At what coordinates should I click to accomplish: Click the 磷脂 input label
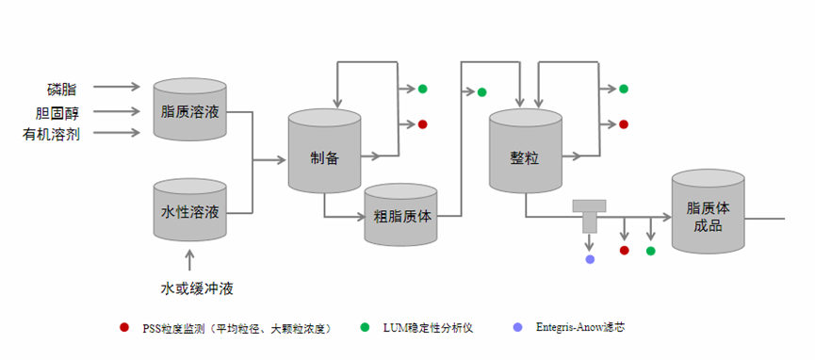62,89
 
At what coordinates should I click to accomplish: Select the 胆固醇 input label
57,112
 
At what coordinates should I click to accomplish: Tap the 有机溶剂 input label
51,134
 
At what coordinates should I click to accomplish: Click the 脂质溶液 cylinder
189,111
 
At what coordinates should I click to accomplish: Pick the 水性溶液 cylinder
189,211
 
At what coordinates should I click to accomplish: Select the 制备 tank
324,151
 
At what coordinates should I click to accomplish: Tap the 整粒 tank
526,151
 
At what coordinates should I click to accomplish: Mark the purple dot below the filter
590,258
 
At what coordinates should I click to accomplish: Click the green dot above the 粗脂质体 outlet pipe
481,91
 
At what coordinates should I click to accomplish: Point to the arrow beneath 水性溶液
189,258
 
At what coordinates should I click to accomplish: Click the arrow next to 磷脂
117,88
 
